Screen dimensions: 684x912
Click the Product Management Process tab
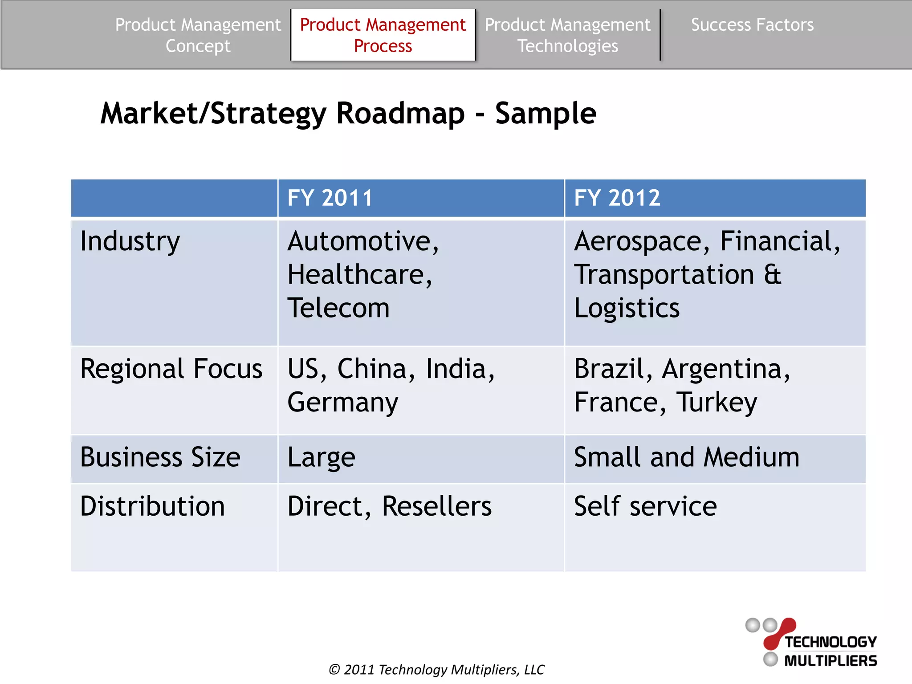pyautogui.click(x=383, y=35)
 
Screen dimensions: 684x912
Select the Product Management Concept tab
pyautogui.click(x=198, y=35)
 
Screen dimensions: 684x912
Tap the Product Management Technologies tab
pyautogui.click(x=567, y=35)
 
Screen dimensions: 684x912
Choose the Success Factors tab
pyautogui.click(x=752, y=25)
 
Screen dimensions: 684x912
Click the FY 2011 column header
pyautogui.click(x=330, y=198)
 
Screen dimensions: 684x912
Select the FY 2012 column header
pyautogui.click(x=617, y=198)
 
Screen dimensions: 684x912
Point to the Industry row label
pyautogui.click(x=130, y=242)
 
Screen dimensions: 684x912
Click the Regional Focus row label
pyautogui.click(x=171, y=369)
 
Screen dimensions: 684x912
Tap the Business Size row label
pyautogui.click(x=160, y=457)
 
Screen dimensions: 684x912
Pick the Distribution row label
pyautogui.click(x=152, y=506)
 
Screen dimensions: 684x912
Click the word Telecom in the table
pyautogui.click(x=338, y=308)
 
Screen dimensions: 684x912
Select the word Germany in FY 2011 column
pyautogui.click(x=343, y=403)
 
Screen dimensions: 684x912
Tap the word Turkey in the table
pyautogui.click(x=717, y=403)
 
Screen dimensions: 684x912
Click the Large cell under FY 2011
pyautogui.click(x=322, y=458)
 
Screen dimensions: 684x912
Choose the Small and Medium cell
pyautogui.click(x=687, y=457)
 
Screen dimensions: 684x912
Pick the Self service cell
pyautogui.click(x=645, y=506)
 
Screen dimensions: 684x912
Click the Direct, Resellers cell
pyautogui.click(x=390, y=506)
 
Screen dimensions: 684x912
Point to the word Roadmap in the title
pyautogui.click(x=400, y=114)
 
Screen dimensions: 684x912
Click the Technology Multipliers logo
pyautogui.click(x=811, y=643)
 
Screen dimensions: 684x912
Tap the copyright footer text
pyautogui.click(x=436, y=670)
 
